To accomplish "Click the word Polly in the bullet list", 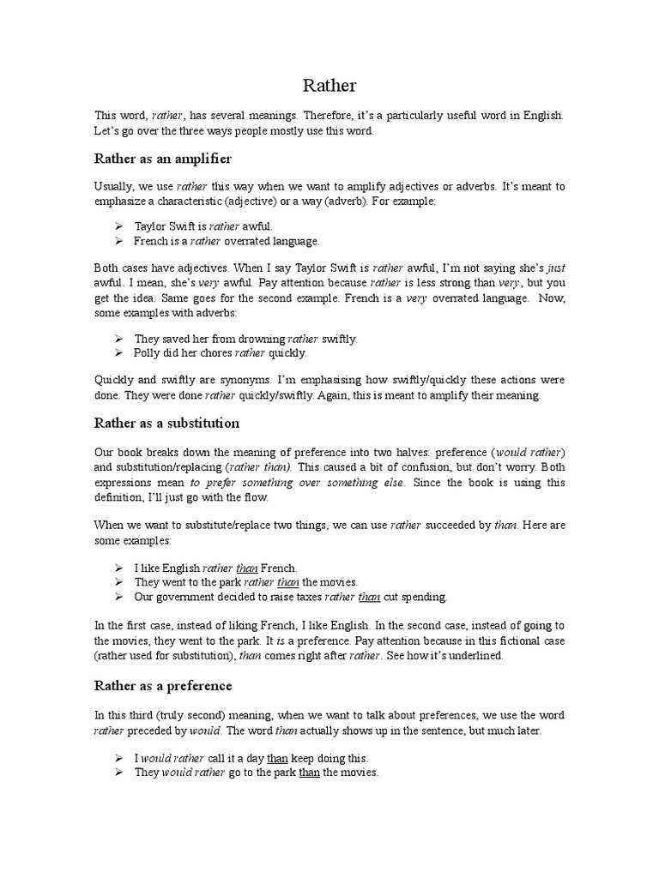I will pyautogui.click(x=148, y=352).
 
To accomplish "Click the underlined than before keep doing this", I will pyautogui.click(x=277, y=759).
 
